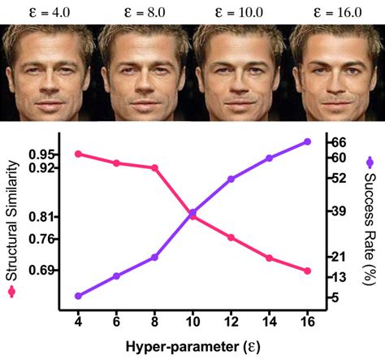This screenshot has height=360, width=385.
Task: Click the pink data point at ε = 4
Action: tap(78, 154)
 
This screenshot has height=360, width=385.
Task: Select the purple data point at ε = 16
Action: tap(307, 141)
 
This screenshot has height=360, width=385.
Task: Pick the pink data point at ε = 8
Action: tap(154, 167)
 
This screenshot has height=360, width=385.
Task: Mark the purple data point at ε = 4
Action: tap(78, 296)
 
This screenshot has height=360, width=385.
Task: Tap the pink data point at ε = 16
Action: tap(307, 271)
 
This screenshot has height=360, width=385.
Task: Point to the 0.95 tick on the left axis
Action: tap(45, 154)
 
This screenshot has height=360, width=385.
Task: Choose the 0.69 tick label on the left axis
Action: tap(45, 270)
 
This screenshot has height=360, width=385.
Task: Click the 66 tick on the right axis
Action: tap(337, 141)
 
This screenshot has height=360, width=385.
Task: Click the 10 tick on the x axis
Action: tap(192, 322)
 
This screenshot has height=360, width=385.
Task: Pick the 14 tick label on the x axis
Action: tap(269, 322)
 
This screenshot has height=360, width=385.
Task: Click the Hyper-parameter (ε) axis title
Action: tap(192, 347)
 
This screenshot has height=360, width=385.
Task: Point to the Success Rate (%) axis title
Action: tap(370, 223)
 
